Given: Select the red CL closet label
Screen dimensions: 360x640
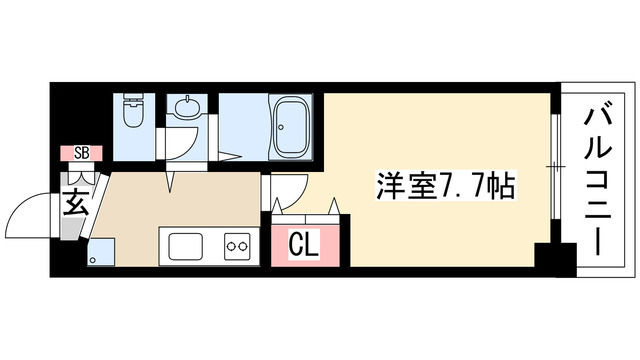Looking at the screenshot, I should [303, 243].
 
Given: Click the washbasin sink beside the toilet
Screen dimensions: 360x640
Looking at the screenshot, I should [185, 106].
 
